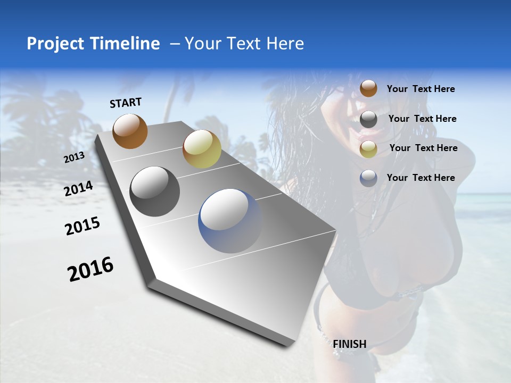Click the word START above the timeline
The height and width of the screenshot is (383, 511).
pyautogui.click(x=126, y=103)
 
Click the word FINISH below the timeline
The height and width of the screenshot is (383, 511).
pyautogui.click(x=350, y=344)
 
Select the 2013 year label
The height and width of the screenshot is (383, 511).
pyautogui.click(x=74, y=157)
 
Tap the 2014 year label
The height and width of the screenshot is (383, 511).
pyautogui.click(x=79, y=189)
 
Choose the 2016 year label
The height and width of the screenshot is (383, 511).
pyautogui.click(x=91, y=269)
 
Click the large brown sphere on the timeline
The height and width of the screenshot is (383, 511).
pyautogui.click(x=130, y=131)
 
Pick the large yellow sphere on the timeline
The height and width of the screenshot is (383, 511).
pyautogui.click(x=202, y=149)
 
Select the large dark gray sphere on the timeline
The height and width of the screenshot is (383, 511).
pyautogui.click(x=155, y=191)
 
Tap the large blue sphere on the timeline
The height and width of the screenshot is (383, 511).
pyautogui.click(x=230, y=221)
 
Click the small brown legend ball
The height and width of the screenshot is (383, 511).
pyautogui.click(x=368, y=88)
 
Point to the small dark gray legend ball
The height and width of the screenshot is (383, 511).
pyautogui.click(x=368, y=119)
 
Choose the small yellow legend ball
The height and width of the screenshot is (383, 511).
pyautogui.click(x=368, y=149)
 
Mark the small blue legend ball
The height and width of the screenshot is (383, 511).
pyautogui.click(x=368, y=178)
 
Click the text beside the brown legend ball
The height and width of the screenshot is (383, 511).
pyautogui.click(x=421, y=89)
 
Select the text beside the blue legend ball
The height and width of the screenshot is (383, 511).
pyautogui.click(x=421, y=178)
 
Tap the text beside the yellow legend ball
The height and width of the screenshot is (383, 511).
pyautogui.click(x=423, y=148)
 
